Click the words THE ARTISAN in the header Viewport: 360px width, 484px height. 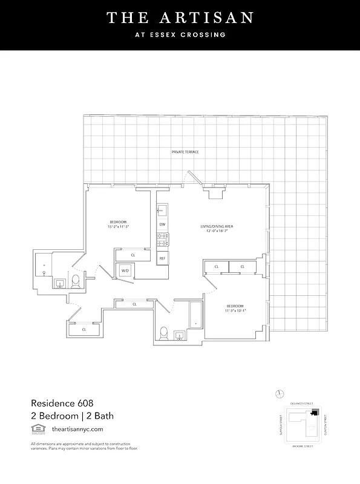point(180,18)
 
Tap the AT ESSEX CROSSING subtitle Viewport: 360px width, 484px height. point(180,34)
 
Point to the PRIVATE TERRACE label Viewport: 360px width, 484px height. point(185,152)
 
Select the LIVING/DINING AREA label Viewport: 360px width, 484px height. point(217,227)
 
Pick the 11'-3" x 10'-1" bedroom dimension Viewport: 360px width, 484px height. point(235,312)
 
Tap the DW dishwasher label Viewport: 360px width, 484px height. point(162,224)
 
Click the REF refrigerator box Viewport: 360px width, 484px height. point(162,258)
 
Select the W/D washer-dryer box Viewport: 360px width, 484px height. point(125,270)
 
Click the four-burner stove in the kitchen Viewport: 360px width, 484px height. point(162,240)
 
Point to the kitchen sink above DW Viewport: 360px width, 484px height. point(162,211)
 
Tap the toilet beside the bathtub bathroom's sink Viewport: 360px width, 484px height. point(163,333)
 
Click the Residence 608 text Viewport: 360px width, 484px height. point(62,402)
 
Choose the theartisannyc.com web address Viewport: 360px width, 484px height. point(77,429)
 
